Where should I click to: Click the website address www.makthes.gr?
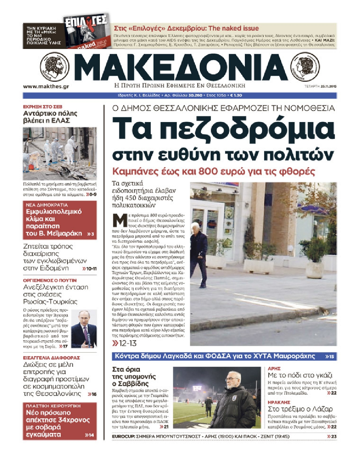46,86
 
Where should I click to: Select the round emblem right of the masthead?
305,66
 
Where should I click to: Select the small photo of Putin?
84,329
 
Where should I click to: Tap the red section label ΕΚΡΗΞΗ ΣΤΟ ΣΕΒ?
43,107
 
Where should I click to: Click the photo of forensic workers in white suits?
60,153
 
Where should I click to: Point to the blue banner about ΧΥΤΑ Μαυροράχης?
224,356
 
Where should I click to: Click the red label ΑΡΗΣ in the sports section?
274,369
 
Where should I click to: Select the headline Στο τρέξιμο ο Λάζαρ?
300,409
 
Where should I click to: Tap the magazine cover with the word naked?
87,31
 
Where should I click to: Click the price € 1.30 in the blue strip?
236,95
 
